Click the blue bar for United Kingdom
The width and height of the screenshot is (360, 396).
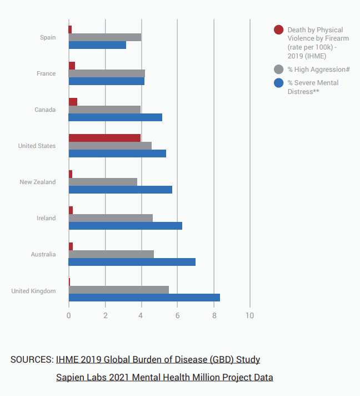tap(144, 298)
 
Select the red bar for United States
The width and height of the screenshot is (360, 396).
tap(104, 138)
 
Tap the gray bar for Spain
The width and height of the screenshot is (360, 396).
tap(104, 37)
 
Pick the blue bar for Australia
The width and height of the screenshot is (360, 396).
tap(132, 261)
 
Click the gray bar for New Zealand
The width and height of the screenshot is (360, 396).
tap(103, 182)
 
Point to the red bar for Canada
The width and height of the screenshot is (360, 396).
tap(73, 102)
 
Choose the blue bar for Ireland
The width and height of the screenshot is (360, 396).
tap(125, 225)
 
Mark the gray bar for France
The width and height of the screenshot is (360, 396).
tap(107, 73)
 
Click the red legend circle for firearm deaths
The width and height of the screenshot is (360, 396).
tap(279, 30)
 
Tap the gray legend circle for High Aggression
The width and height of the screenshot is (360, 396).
tap(279, 69)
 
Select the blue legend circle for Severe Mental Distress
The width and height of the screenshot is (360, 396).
tap(279, 83)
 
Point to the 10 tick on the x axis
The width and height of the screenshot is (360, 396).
tap(249, 316)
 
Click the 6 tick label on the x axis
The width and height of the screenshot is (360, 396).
tap(177, 316)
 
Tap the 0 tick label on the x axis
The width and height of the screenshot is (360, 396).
tap(69, 316)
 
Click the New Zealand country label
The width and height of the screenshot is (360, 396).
tap(38, 182)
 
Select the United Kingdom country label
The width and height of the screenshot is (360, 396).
tap(33, 291)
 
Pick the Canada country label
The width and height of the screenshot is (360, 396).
tap(45, 110)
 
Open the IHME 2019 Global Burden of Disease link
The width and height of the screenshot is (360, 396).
tap(158, 359)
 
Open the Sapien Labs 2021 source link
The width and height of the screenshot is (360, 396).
tap(164, 377)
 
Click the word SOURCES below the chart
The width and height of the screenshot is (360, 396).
tap(32, 359)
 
